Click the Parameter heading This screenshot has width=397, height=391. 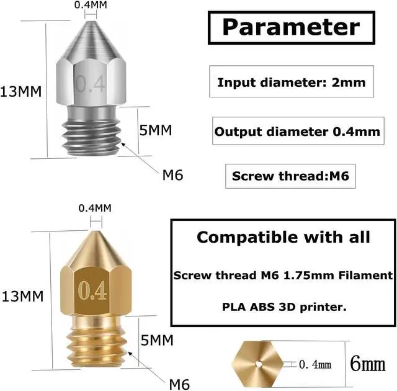[x=291, y=27]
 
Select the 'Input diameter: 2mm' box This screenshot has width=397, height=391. [x=291, y=82]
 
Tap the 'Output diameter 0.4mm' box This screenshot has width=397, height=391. [x=297, y=132]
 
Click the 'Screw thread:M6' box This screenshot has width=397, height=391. [x=291, y=176]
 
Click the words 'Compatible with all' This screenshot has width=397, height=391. [x=283, y=237]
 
